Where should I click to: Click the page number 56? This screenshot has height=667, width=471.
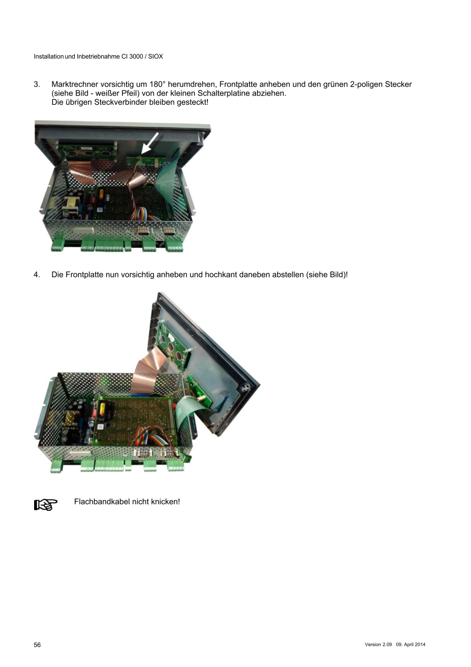click(37, 645)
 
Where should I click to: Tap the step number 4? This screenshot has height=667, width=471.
click(37, 274)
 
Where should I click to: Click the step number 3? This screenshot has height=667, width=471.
click(37, 85)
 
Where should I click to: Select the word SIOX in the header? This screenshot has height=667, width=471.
click(156, 56)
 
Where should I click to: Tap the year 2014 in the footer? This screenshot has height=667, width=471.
click(420, 645)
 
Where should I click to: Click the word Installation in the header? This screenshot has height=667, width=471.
click(49, 56)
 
